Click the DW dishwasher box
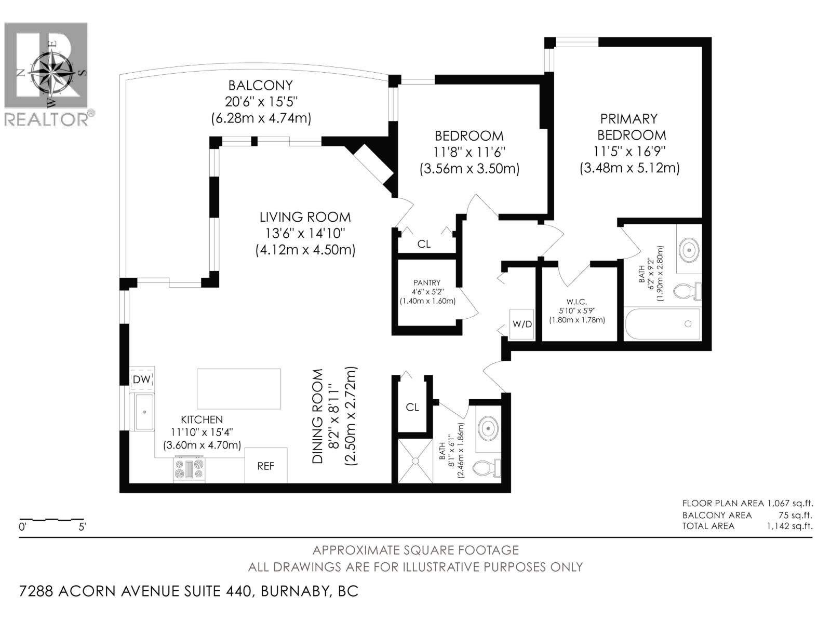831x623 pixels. [x=142, y=380]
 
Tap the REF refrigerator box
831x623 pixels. [x=265, y=466]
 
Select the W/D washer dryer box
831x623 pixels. [x=522, y=324]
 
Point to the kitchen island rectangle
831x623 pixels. [x=239, y=389]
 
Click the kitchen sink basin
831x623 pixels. [x=144, y=412]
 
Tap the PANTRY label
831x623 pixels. [x=427, y=283]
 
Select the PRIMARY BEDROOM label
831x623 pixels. [x=631, y=127]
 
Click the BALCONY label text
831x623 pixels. [x=261, y=85]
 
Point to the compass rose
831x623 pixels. [x=50, y=72]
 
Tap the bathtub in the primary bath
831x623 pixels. [x=662, y=324]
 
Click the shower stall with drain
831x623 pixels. [x=415, y=461]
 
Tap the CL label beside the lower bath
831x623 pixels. [x=412, y=407]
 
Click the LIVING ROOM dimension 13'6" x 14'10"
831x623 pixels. [x=305, y=233]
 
